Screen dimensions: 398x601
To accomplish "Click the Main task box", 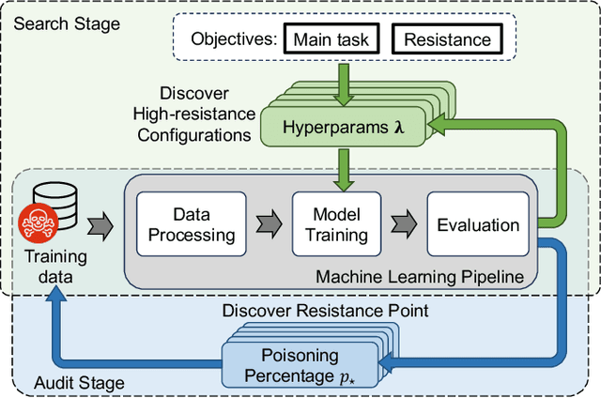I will coord(331,40).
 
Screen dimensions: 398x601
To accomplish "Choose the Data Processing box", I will coord(191,224).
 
